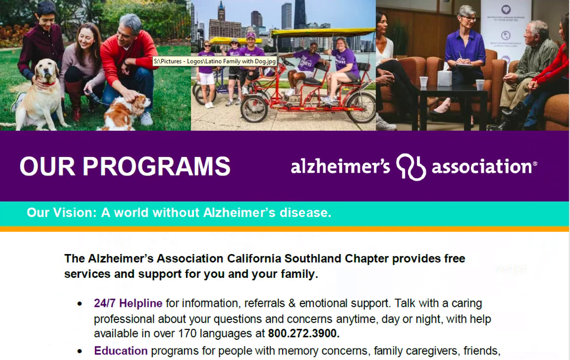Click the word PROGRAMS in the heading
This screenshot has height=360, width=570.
tap(156, 167)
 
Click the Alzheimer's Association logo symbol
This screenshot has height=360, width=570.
tap(411, 167)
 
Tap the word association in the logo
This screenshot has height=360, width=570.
tap(481, 167)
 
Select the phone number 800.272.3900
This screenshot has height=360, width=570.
tap(304, 334)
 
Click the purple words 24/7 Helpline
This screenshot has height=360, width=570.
tap(128, 304)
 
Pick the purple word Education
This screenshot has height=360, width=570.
tap(121, 351)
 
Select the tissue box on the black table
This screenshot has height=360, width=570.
tap(445, 79)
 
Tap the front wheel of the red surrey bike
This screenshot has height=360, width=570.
tap(254, 108)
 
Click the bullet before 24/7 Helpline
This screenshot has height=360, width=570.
tap(80, 304)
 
